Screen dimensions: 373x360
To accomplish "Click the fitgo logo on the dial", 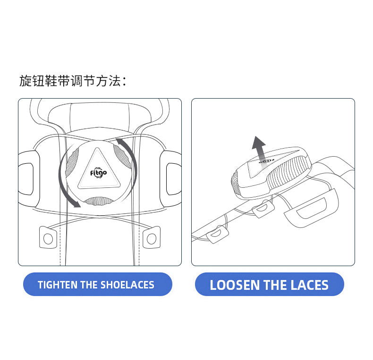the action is click(98, 172).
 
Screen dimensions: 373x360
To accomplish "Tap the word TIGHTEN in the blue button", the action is click(58, 285).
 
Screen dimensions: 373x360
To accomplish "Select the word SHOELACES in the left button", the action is click(127, 285).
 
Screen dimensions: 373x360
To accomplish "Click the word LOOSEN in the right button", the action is click(235, 285).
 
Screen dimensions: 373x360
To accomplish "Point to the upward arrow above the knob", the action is click(259, 149).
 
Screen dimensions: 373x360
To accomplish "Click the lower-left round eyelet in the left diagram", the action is click(48, 239).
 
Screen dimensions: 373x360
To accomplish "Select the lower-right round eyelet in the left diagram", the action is click(151, 239).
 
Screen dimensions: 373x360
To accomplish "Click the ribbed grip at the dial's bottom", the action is click(99, 201).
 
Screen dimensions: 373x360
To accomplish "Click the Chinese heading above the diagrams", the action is click(73, 81).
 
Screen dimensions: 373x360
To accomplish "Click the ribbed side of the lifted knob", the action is click(289, 173).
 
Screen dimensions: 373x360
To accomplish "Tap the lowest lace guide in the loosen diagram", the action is click(218, 234).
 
